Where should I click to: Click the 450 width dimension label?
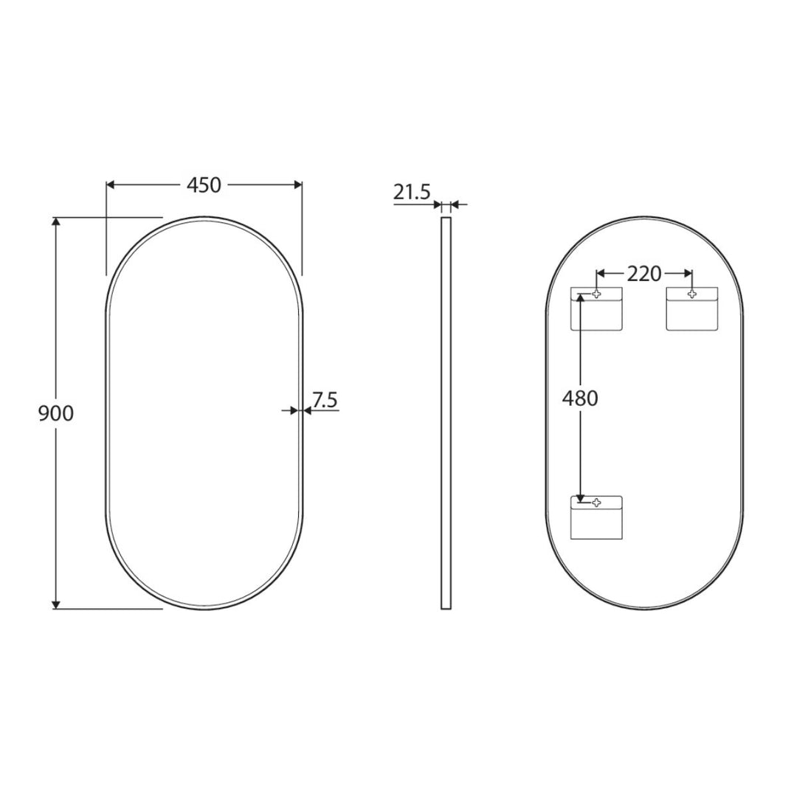[204, 185]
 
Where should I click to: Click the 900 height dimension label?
[56, 413]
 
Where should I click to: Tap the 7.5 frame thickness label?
[325, 400]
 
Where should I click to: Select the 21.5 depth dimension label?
[412, 192]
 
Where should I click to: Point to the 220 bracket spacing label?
[644, 274]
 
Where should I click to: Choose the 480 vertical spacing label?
[580, 398]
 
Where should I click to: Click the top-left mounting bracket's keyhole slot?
[596, 294]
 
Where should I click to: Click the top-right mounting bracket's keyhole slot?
[691, 294]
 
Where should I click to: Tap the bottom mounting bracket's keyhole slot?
[596, 503]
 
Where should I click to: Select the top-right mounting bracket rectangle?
[692, 309]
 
